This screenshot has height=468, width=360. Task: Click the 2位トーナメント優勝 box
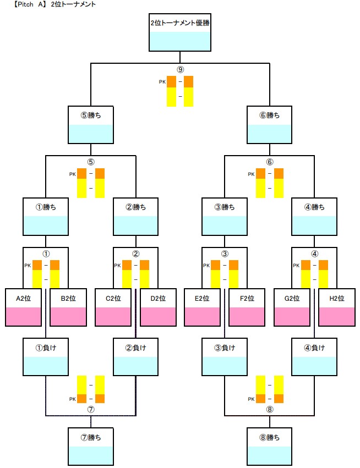click(x=180, y=31)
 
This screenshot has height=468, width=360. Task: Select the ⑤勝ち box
click(x=90, y=124)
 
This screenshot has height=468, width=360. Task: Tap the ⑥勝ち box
click(x=270, y=124)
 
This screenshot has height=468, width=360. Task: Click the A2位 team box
click(x=24, y=307)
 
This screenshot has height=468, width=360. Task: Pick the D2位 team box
click(x=159, y=307)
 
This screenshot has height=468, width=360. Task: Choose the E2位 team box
click(x=203, y=307)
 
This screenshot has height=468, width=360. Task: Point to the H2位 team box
click(x=337, y=307)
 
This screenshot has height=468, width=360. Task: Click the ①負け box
click(x=46, y=356)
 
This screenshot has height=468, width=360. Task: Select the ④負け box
click(x=314, y=356)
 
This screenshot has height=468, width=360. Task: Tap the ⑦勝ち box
click(x=90, y=446)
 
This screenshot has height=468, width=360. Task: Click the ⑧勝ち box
click(x=270, y=446)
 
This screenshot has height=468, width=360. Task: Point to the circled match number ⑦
click(x=91, y=409)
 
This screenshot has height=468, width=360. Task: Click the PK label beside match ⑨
click(x=162, y=82)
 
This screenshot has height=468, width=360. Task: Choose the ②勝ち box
click(x=136, y=217)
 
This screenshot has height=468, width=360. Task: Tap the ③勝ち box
click(x=225, y=217)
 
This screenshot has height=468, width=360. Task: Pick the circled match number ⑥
click(x=270, y=162)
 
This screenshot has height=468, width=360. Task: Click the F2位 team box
click(x=248, y=307)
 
